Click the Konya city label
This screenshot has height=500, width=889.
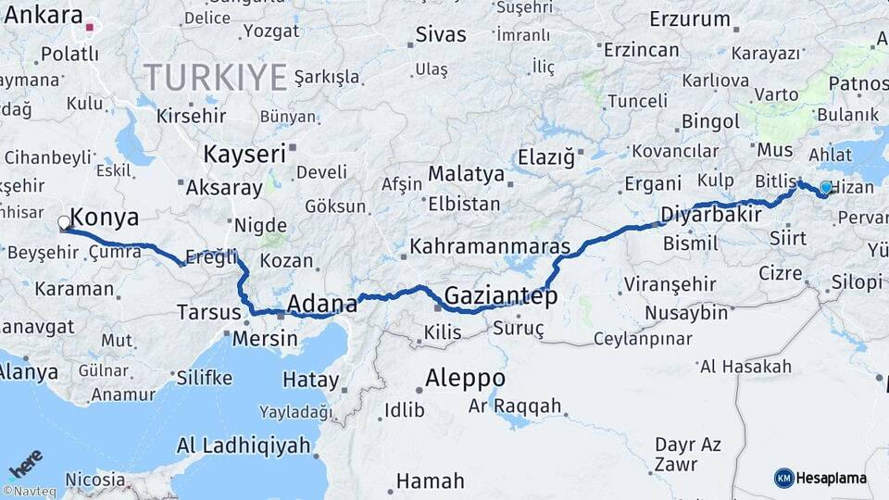click(x=105, y=218)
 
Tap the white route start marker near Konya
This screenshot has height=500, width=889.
click(x=64, y=222)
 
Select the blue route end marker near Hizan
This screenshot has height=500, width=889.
click(x=826, y=188)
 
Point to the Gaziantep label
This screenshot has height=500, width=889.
click(x=501, y=296)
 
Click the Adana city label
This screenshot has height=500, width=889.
click(x=322, y=304)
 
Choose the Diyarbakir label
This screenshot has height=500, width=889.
click(x=710, y=215)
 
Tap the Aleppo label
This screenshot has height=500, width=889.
click(x=465, y=378)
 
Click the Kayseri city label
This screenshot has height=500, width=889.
click(x=244, y=154)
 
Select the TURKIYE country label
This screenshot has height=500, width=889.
click(x=215, y=78)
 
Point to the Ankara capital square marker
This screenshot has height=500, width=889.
click(x=90, y=27)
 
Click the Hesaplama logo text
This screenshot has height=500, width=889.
click(x=832, y=478)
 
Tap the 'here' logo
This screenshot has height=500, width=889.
click(x=26, y=463)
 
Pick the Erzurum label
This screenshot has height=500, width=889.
click(x=690, y=19)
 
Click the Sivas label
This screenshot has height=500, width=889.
click(x=441, y=35)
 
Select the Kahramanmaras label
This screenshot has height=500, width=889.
click(x=490, y=247)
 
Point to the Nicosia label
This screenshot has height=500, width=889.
click(x=95, y=480)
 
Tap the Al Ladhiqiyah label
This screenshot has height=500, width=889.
click(x=243, y=445)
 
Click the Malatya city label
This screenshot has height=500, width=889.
click(x=467, y=174)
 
